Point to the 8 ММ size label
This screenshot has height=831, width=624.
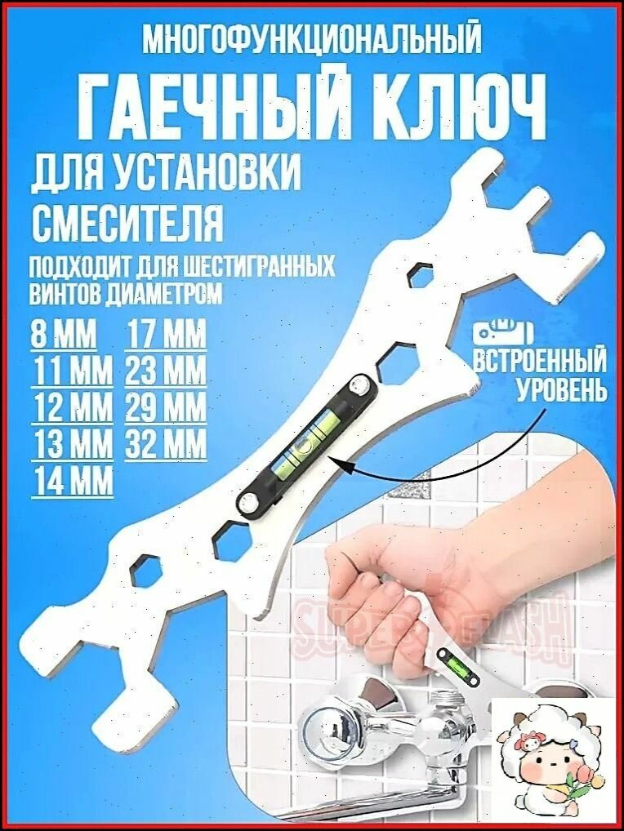(x=63, y=335)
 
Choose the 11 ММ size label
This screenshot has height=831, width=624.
(x=74, y=371)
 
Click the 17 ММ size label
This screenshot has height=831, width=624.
(x=166, y=335)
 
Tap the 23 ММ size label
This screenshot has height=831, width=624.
(x=166, y=371)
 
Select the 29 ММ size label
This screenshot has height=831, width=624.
(x=166, y=408)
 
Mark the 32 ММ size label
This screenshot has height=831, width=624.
(x=166, y=444)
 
